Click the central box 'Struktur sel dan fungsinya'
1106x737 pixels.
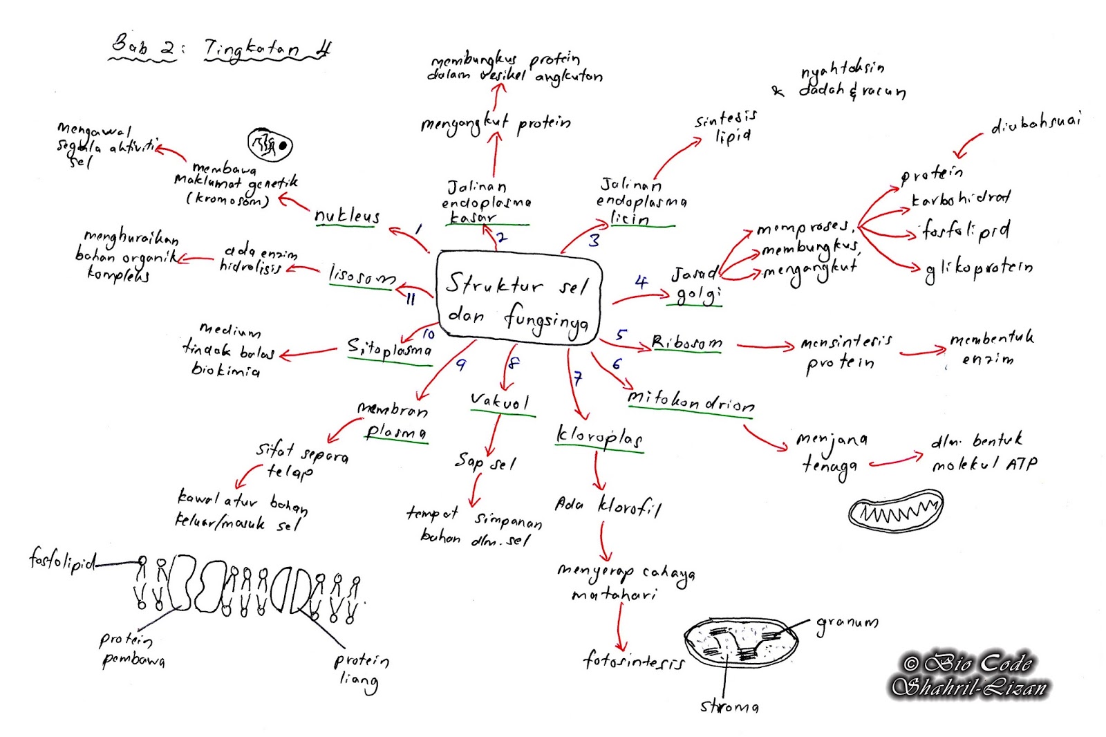tap(518, 297)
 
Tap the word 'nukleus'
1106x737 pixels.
tap(347, 216)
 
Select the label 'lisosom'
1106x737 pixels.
tap(362, 276)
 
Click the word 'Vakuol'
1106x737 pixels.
tap(500, 402)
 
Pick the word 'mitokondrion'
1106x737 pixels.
tap(691, 401)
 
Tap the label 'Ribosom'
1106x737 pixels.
tap(686, 342)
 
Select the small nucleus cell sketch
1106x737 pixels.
tap(270, 144)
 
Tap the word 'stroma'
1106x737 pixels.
tap(729, 706)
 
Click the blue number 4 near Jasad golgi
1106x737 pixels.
tap(641, 281)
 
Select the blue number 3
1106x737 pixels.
tap(594, 240)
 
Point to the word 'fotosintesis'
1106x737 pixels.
tap(633, 661)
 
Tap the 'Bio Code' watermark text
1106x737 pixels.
tap(968, 664)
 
